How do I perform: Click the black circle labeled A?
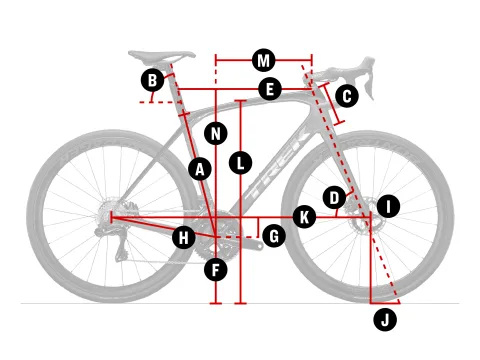pos(200,169)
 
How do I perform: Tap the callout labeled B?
pos(152,80)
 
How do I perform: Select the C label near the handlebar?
pos(347,96)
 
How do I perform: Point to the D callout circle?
pos(334,198)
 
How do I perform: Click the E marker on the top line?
pos(270,89)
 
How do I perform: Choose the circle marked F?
pos(216,269)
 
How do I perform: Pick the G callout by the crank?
pos(274,236)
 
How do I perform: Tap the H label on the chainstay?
pos(184,238)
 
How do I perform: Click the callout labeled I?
pos(388,206)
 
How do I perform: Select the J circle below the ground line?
pos(385,320)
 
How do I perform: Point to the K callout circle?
pos(304,217)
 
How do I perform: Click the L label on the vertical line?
pos(240,163)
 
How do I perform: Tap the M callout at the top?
pos(264,60)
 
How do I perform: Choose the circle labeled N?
pos(216,134)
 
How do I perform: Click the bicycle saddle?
pos(162,56)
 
